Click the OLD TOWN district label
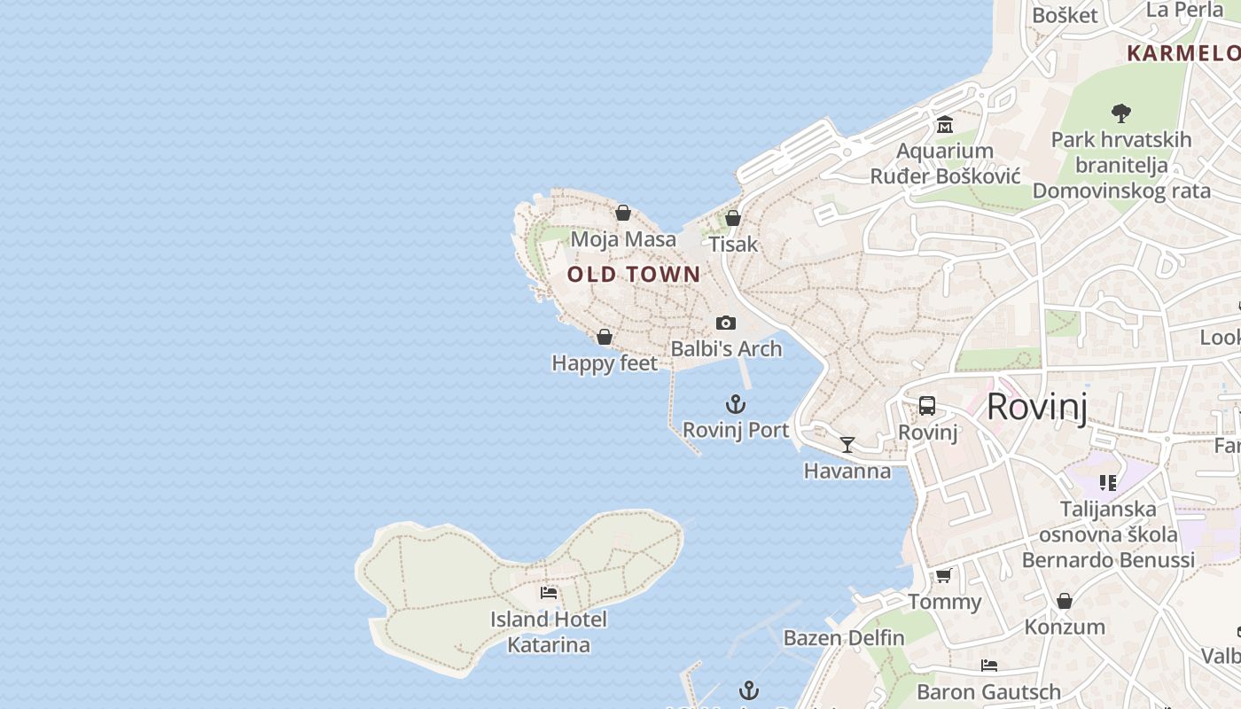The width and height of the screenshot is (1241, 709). (634, 274)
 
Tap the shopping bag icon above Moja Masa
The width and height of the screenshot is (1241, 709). (623, 213)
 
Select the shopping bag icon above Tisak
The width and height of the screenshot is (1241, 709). (733, 217)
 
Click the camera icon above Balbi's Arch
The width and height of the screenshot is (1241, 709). (726, 323)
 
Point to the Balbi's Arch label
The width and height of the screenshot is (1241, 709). (726, 348)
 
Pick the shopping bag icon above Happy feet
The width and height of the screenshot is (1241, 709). (605, 337)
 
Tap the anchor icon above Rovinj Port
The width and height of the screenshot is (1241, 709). (736, 404)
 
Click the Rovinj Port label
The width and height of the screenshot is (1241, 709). (736, 430)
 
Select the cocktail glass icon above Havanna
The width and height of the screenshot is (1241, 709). (847, 444)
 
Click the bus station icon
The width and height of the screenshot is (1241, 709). (927, 406)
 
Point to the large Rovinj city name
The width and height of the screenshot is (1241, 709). (1036, 407)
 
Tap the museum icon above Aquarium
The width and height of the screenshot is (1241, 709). (944, 125)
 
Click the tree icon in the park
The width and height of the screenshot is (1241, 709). (1120, 113)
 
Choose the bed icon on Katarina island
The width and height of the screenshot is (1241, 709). (549, 592)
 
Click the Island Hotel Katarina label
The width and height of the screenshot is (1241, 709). (549, 632)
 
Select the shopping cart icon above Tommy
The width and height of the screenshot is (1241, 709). (944, 576)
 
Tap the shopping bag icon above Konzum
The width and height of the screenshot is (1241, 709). (1065, 601)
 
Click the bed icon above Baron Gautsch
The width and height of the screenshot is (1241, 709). (989, 666)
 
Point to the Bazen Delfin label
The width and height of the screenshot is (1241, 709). (844, 637)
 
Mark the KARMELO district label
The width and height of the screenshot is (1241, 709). (1182, 53)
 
